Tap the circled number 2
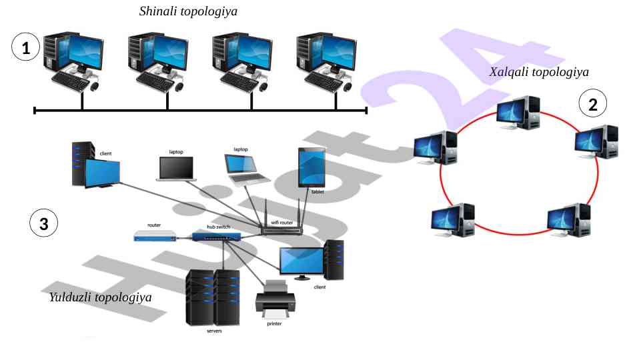tap(592, 103)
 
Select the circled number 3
tap(44, 224)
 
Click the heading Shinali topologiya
tap(188, 11)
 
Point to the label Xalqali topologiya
tap(539, 72)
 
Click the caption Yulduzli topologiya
tap(101, 297)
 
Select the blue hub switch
tap(211, 235)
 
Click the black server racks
tap(212, 297)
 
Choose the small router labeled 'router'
tap(155, 235)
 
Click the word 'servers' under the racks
tap(214, 331)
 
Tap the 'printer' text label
tap(274, 324)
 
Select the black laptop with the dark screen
tap(175, 169)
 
